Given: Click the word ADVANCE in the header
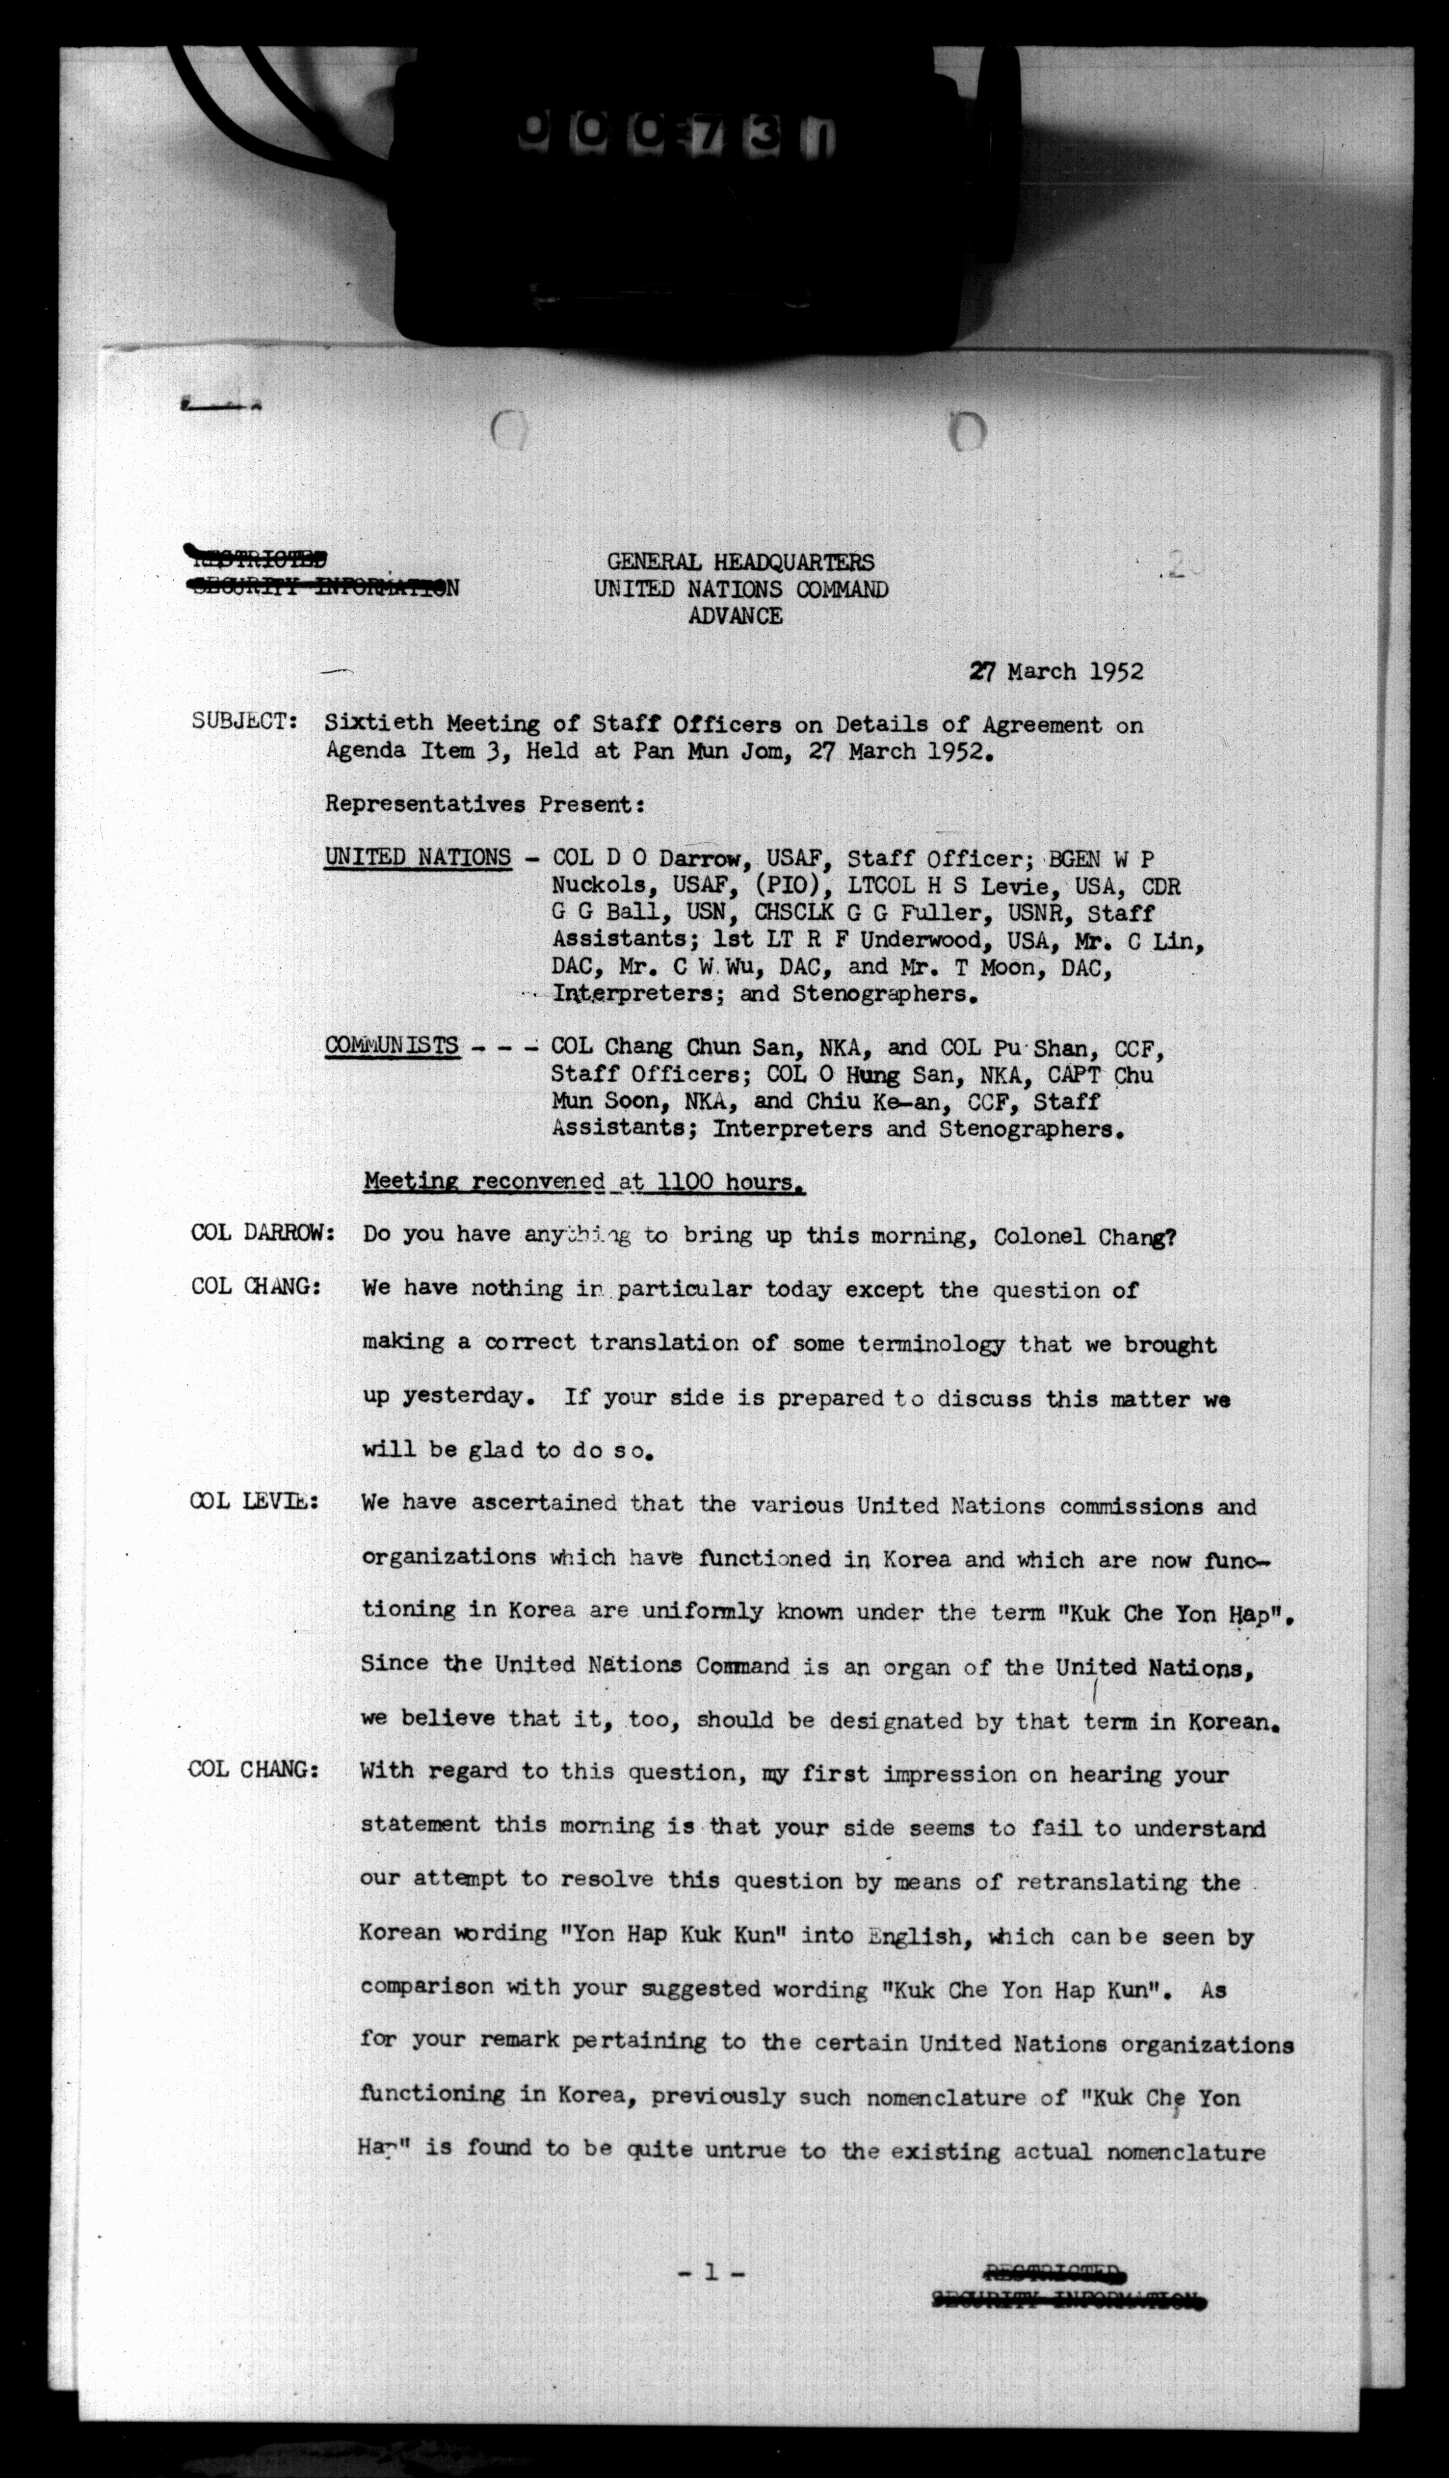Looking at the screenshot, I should pyautogui.click(x=736, y=616).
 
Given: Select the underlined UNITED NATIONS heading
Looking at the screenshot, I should pyautogui.click(x=418, y=857).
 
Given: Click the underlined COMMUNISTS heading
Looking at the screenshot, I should pyautogui.click(x=391, y=1045).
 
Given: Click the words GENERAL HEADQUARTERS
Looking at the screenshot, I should pyautogui.click(x=739, y=562).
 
